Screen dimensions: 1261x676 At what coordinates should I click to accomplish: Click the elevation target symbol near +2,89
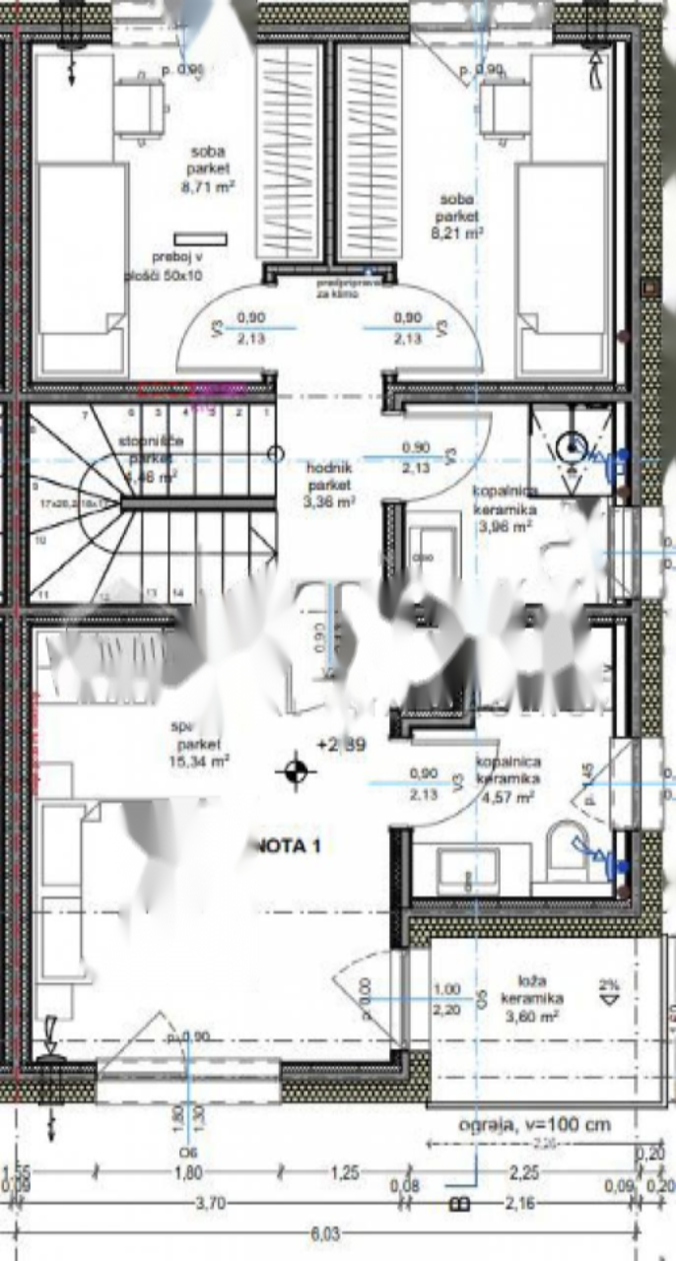[294, 772]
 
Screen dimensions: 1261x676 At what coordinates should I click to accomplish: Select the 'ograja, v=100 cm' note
[534, 1124]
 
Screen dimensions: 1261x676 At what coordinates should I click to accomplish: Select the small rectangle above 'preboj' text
[200, 239]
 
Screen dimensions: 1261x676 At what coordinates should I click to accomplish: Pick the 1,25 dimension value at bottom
[343, 1172]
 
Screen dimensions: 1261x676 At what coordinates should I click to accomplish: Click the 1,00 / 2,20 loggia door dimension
[447, 999]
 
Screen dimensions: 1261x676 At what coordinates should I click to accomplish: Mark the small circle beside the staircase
[276, 454]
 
